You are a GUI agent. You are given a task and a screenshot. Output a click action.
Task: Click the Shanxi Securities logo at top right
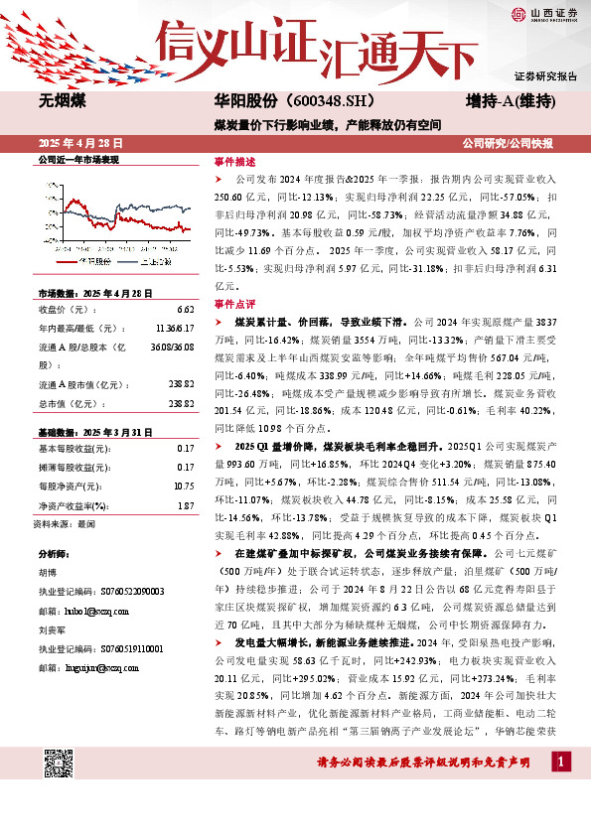tap(540, 13)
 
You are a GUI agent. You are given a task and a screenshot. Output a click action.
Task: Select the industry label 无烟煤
tap(63, 102)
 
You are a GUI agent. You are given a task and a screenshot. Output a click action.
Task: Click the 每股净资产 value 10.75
tap(183, 487)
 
